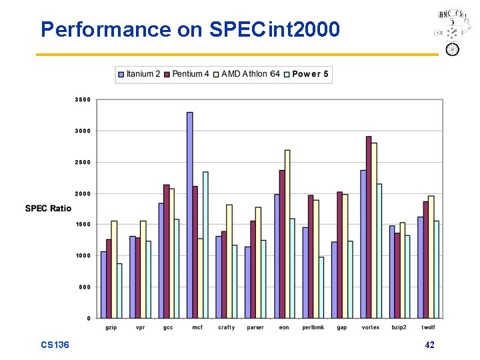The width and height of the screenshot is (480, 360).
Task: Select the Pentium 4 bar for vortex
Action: [x=369, y=227]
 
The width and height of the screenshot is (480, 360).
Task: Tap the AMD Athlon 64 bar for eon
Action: [x=287, y=233]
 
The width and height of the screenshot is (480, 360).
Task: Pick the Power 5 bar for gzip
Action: [x=119, y=291]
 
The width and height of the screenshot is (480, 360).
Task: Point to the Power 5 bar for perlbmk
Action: [x=321, y=287]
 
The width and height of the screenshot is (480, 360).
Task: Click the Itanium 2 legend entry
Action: [x=139, y=74]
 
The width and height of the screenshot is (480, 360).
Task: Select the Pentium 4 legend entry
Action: [x=189, y=74]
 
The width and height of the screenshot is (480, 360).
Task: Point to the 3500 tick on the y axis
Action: [x=83, y=100]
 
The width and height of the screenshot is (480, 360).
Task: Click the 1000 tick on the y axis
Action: [x=83, y=256]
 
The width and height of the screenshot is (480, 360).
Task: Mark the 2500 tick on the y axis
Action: [x=83, y=163]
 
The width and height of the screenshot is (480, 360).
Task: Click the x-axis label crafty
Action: [x=227, y=327]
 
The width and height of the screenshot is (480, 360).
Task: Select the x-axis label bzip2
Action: [x=399, y=327]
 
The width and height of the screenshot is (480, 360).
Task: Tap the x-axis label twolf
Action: [x=428, y=327]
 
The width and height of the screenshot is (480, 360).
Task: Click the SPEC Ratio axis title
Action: [x=48, y=209]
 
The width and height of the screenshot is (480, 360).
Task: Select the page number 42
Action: [x=429, y=345]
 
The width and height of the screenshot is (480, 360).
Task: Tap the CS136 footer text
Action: [x=55, y=345]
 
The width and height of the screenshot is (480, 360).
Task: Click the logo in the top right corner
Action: [x=451, y=32]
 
